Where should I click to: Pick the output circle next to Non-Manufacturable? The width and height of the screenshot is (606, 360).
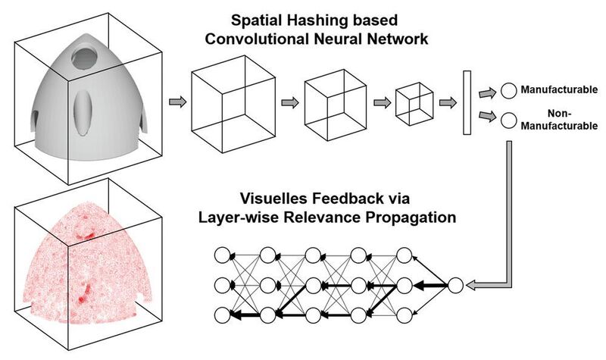click(509, 120)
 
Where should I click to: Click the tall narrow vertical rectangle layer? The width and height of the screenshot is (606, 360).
click(467, 102)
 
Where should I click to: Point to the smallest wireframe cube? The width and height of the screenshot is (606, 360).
click(416, 102)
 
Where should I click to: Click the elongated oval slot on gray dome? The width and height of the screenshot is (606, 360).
click(84, 108)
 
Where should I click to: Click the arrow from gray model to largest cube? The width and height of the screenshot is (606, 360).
click(176, 102)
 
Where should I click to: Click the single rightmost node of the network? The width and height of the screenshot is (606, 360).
click(454, 286)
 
